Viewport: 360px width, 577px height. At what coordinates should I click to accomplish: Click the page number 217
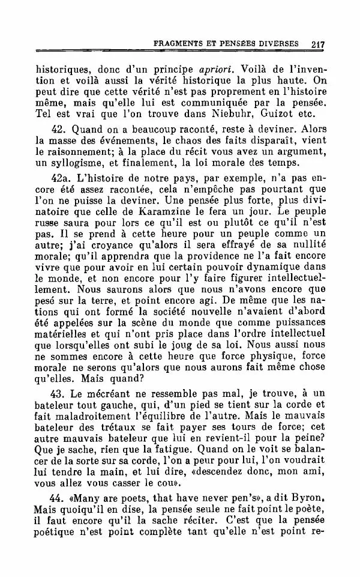click(318, 44)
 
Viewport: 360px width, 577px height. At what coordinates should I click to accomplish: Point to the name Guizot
click(278, 113)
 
